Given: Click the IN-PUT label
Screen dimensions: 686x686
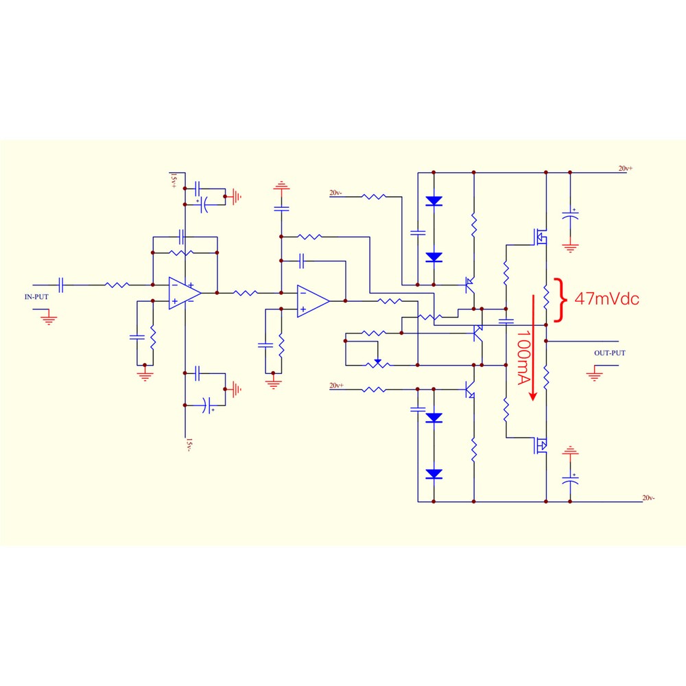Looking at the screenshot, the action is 36,296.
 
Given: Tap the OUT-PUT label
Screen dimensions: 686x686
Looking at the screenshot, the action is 609,353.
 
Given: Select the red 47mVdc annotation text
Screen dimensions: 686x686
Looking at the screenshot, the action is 606,299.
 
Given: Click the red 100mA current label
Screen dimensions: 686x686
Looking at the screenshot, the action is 523,357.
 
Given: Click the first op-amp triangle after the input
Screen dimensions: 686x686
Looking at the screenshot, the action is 184,293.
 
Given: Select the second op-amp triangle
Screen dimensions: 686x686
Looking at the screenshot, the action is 312,301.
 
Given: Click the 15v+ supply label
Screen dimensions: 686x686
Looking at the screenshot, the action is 174,180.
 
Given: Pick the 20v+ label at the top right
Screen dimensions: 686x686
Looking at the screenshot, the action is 625,169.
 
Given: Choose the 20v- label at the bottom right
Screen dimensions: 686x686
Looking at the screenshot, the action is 648,498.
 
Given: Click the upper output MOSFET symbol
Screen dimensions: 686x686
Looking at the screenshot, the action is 540,237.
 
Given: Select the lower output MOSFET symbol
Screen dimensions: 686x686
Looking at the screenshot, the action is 540,445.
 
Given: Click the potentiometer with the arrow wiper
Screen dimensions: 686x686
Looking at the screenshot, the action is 377,363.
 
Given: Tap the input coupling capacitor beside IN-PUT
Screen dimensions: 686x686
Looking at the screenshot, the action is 61,285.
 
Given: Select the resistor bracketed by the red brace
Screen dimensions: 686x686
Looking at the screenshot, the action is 546,298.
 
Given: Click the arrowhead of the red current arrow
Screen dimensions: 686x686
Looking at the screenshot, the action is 533,396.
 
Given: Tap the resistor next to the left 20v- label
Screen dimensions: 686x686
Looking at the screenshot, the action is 374,197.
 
